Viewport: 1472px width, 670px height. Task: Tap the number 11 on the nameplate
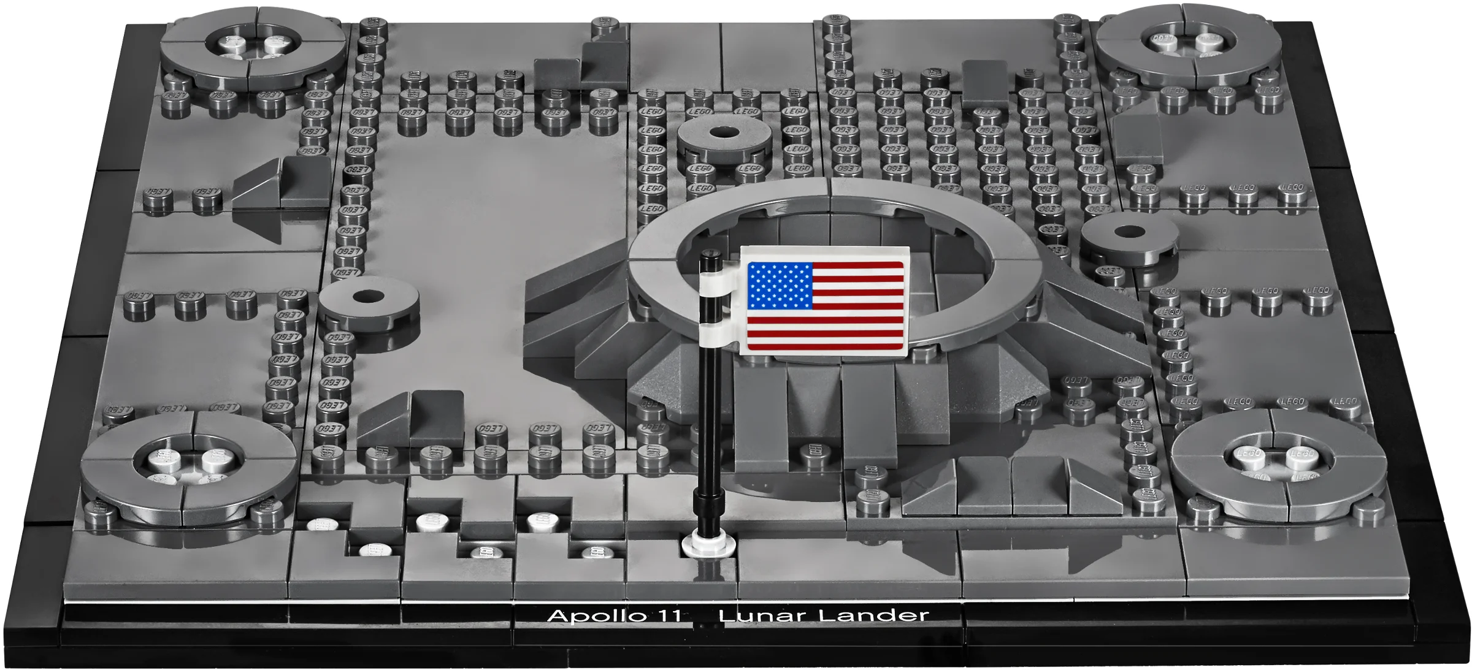point(668,615)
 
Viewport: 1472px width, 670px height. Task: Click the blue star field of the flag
point(780,286)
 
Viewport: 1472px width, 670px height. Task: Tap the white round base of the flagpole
point(708,544)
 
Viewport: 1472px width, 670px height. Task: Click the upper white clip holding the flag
point(715,281)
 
